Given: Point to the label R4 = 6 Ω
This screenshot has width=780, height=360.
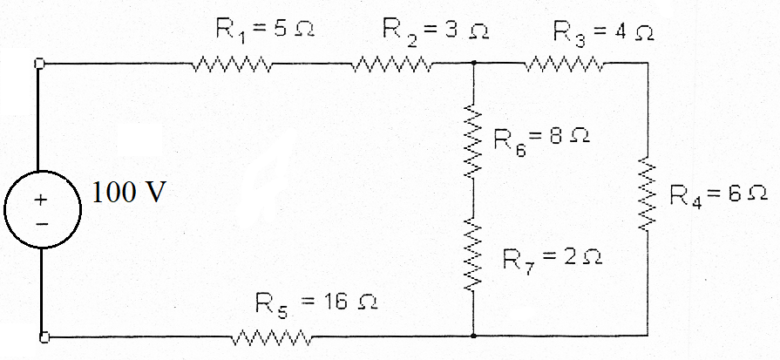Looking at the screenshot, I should (x=718, y=194).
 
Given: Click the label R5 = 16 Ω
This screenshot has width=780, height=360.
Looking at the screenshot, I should (x=316, y=304).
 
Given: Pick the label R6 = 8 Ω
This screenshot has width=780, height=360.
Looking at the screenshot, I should (x=542, y=138).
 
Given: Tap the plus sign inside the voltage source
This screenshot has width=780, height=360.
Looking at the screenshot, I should (x=39, y=199).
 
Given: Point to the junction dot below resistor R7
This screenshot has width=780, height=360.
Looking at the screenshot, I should (x=473, y=335).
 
